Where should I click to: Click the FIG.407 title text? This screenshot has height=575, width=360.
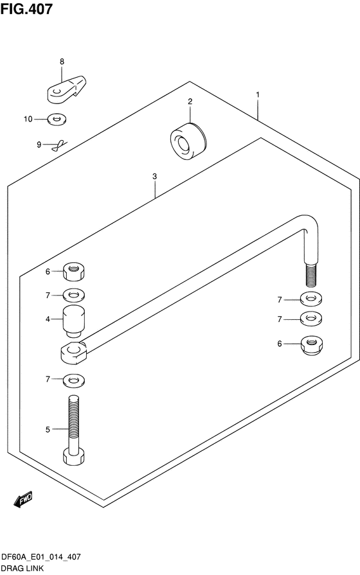(x=26, y=9)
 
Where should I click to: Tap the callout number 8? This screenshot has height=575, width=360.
(x=62, y=62)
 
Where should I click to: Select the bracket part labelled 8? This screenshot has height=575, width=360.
(x=67, y=89)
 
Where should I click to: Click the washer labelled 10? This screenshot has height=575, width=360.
(x=57, y=119)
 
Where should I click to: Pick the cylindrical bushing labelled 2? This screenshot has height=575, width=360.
(x=188, y=141)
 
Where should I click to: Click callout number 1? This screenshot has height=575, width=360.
(x=258, y=94)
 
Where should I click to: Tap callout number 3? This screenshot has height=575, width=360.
(x=154, y=177)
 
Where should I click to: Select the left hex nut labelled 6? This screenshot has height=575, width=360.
(x=74, y=271)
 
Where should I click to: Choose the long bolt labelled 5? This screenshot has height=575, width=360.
(x=74, y=429)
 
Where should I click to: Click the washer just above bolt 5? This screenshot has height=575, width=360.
(x=74, y=380)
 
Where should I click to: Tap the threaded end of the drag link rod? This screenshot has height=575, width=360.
(x=310, y=275)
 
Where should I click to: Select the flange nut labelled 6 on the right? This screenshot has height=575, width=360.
(x=312, y=346)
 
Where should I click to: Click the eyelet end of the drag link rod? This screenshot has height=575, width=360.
(x=74, y=353)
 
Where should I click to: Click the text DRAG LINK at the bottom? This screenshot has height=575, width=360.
(x=22, y=569)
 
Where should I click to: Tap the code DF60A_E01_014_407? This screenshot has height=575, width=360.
(x=40, y=557)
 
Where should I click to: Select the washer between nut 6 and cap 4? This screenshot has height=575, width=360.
(x=74, y=295)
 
